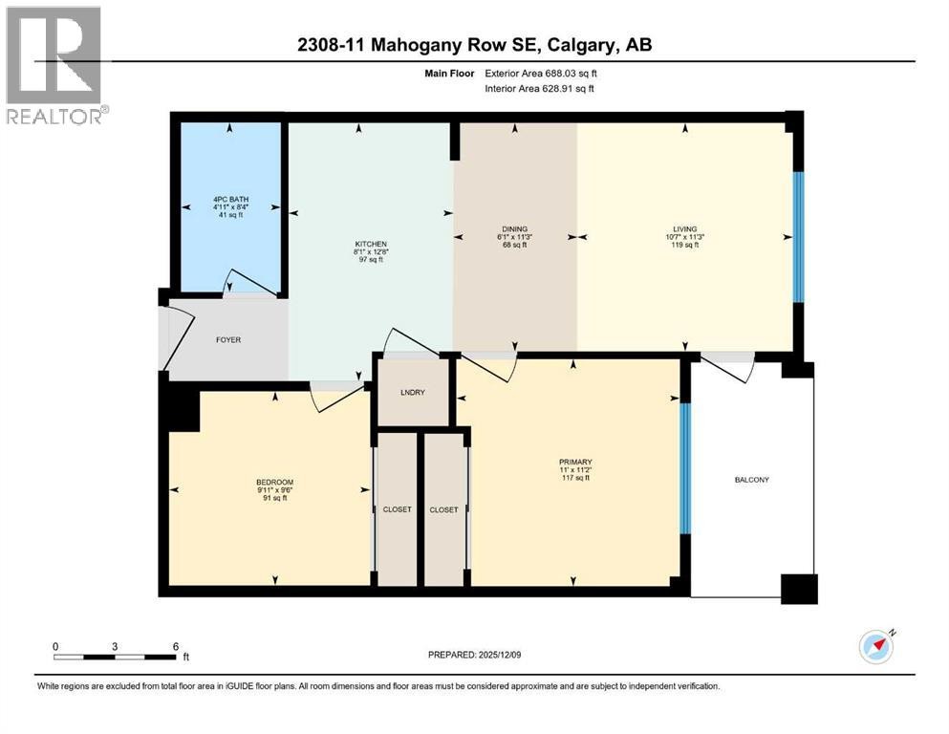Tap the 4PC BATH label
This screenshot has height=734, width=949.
[229, 199]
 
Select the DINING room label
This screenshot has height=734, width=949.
[514, 228]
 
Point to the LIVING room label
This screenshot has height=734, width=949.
[684, 228]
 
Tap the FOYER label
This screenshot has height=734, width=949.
[227, 339]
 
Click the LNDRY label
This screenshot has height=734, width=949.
[413, 392]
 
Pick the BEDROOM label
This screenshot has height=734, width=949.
[274, 482]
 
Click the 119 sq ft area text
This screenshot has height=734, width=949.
[684, 245]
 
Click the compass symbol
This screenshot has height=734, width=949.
[875, 647]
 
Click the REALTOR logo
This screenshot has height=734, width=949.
[54, 65]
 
